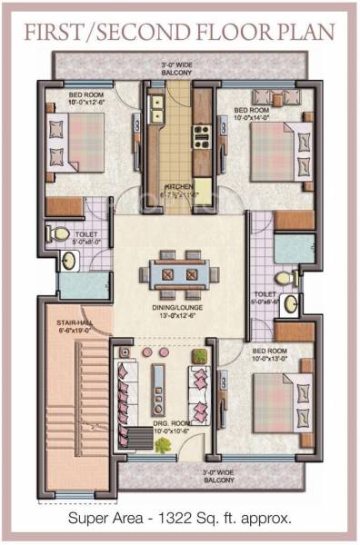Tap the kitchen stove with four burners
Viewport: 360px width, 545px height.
point(200,135)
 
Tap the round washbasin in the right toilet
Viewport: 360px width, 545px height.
point(291,303)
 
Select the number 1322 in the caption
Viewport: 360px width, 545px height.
point(183,520)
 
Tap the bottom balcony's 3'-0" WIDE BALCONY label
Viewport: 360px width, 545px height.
point(178,476)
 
